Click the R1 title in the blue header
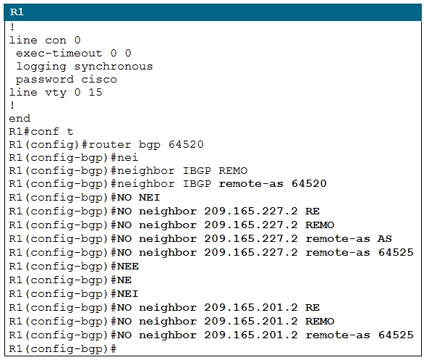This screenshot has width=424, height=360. tap(17, 12)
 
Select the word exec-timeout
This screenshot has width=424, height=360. tap(59, 53)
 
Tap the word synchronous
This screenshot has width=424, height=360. tap(114, 67)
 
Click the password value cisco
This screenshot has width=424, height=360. tap(99, 79)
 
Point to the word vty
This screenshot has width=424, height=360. tap(56, 93)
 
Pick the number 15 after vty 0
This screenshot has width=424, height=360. tap(96, 92)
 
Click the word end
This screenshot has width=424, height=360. tap(20, 118)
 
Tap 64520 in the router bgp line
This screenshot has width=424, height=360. tap(186, 144)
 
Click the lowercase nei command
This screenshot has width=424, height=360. tap(127, 157)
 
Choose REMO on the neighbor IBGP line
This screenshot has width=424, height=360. tap(233, 170)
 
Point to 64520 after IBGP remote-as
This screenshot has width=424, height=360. tap(309, 183)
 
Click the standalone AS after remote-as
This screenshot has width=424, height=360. tap(384, 238)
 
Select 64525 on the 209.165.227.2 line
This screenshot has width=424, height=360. tap(396, 252)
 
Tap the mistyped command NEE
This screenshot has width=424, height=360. tap(128, 267)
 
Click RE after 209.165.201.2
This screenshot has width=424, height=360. tap(313, 308)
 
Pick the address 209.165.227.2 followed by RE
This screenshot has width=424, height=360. tap(251, 211)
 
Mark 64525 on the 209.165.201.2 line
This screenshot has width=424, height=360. tap(396, 335)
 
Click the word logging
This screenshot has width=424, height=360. tap(41, 67)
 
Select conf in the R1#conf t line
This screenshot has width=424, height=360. tap(45, 132)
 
